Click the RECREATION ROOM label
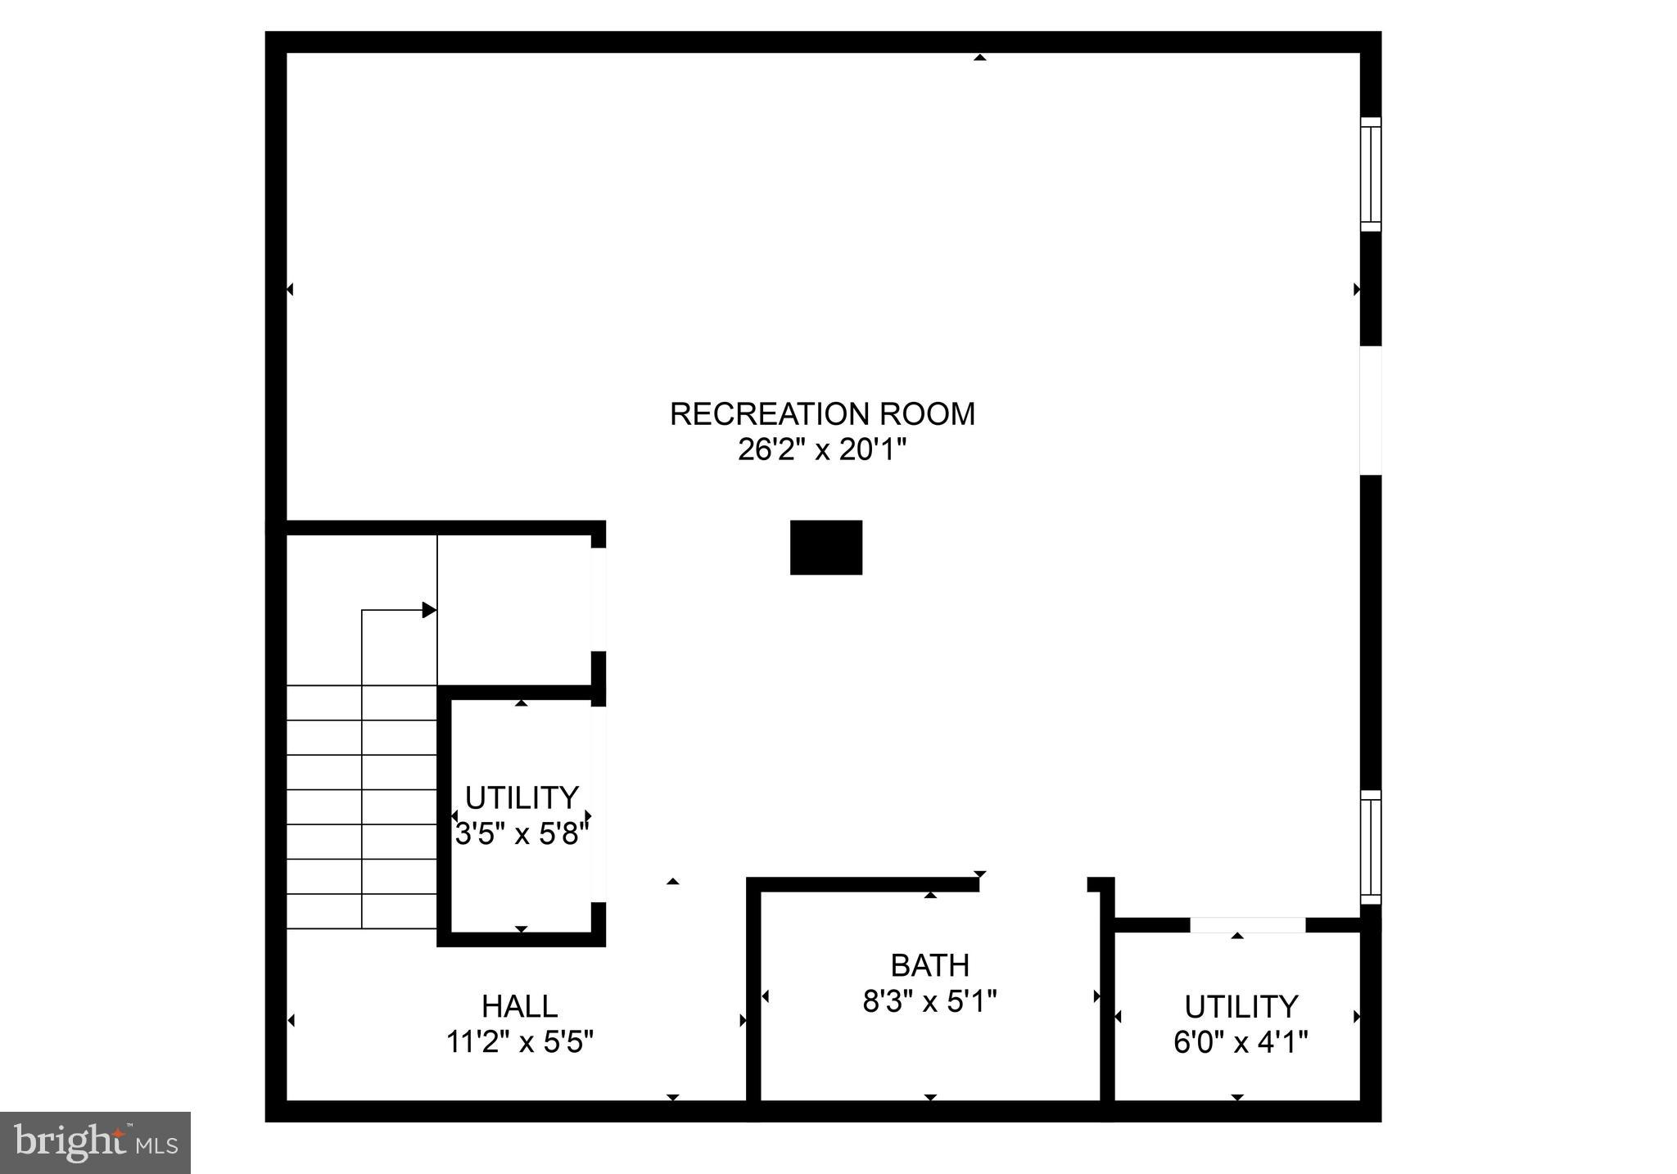coord(822,414)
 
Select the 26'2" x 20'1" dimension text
coord(822,449)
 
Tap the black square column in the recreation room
coord(825,547)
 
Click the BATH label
coord(929,966)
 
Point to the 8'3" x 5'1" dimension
coord(929,1001)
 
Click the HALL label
coord(519,1006)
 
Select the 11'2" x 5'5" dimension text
coord(519,1042)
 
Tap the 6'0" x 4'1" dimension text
coord(1241,1042)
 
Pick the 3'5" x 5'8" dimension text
coord(522,834)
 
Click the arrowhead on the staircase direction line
coord(429,610)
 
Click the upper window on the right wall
coord(1370,174)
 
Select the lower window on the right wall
coord(1370,847)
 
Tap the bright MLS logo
coord(95,1142)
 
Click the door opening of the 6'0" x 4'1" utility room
coord(1246,925)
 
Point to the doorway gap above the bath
coord(1033,884)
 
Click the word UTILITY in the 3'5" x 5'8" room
coord(522,797)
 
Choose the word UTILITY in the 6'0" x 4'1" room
coord(1241,1006)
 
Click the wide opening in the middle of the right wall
coord(1370,410)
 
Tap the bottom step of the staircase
coord(361,911)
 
